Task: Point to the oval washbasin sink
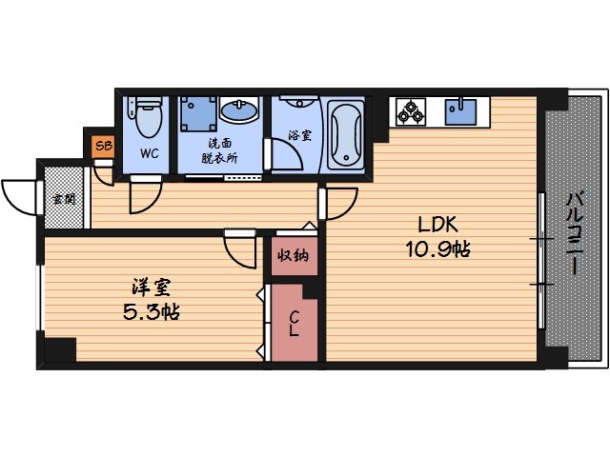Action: point(240,113)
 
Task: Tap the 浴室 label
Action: point(298,135)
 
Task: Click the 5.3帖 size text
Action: point(150,310)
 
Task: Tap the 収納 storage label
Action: point(293,256)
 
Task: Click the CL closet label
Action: point(295,324)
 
